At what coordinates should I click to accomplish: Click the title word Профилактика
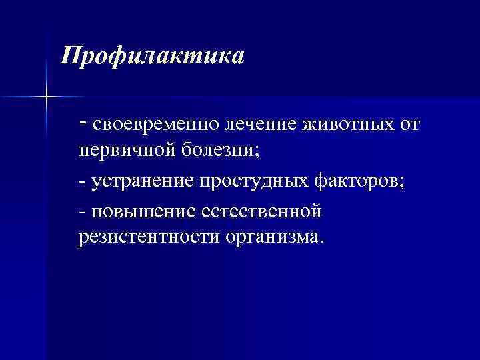point(153,55)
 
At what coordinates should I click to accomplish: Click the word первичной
point(126,151)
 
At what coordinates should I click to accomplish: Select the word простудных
point(251,181)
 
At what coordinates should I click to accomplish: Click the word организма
point(273,238)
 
